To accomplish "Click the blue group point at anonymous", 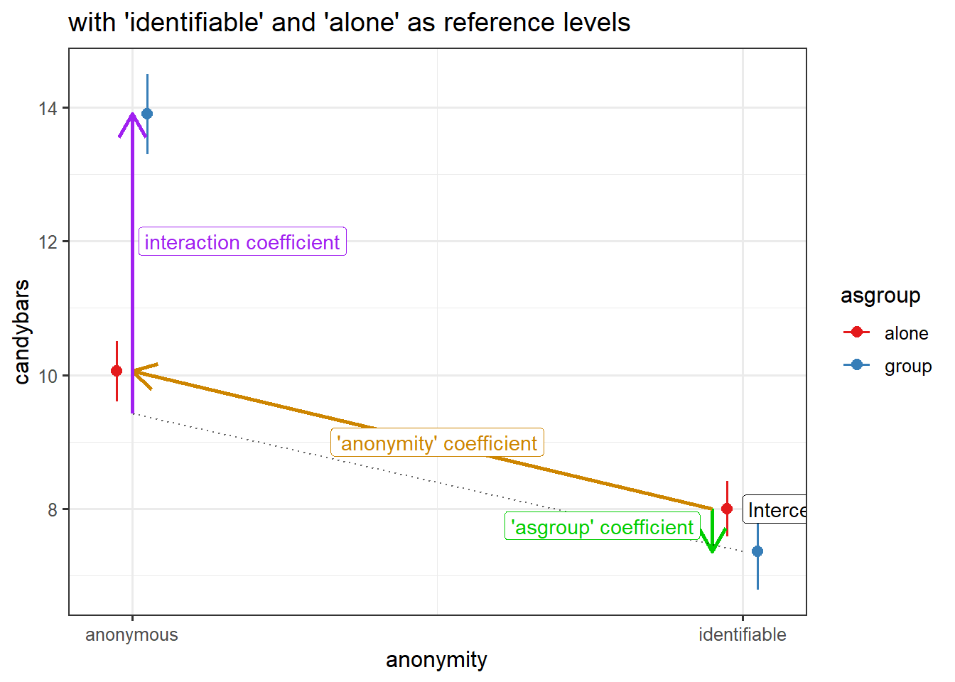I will pyautogui.click(x=147, y=114).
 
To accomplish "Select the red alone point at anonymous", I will pyautogui.click(x=117, y=371).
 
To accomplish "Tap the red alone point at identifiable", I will pyautogui.click(x=727, y=509).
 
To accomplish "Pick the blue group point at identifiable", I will pyautogui.click(x=757, y=551).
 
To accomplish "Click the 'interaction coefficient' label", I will pyautogui.click(x=242, y=242).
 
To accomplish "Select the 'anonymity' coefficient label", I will pyautogui.click(x=437, y=443).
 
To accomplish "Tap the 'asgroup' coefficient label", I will pyautogui.click(x=602, y=527).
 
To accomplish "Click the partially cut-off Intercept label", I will pyautogui.click(x=775, y=510).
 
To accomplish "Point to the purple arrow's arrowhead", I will pyautogui.click(x=132, y=117).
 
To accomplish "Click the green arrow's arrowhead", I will pyautogui.click(x=712, y=548).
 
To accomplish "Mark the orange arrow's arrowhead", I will pyautogui.click(x=138, y=372).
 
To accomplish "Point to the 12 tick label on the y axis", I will pyautogui.click(x=48, y=242).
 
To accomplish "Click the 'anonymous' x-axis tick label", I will pyautogui.click(x=131, y=635).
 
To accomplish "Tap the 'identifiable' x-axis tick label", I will pyautogui.click(x=742, y=635).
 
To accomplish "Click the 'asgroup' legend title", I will pyautogui.click(x=880, y=296).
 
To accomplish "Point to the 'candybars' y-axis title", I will pyautogui.click(x=22, y=332).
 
